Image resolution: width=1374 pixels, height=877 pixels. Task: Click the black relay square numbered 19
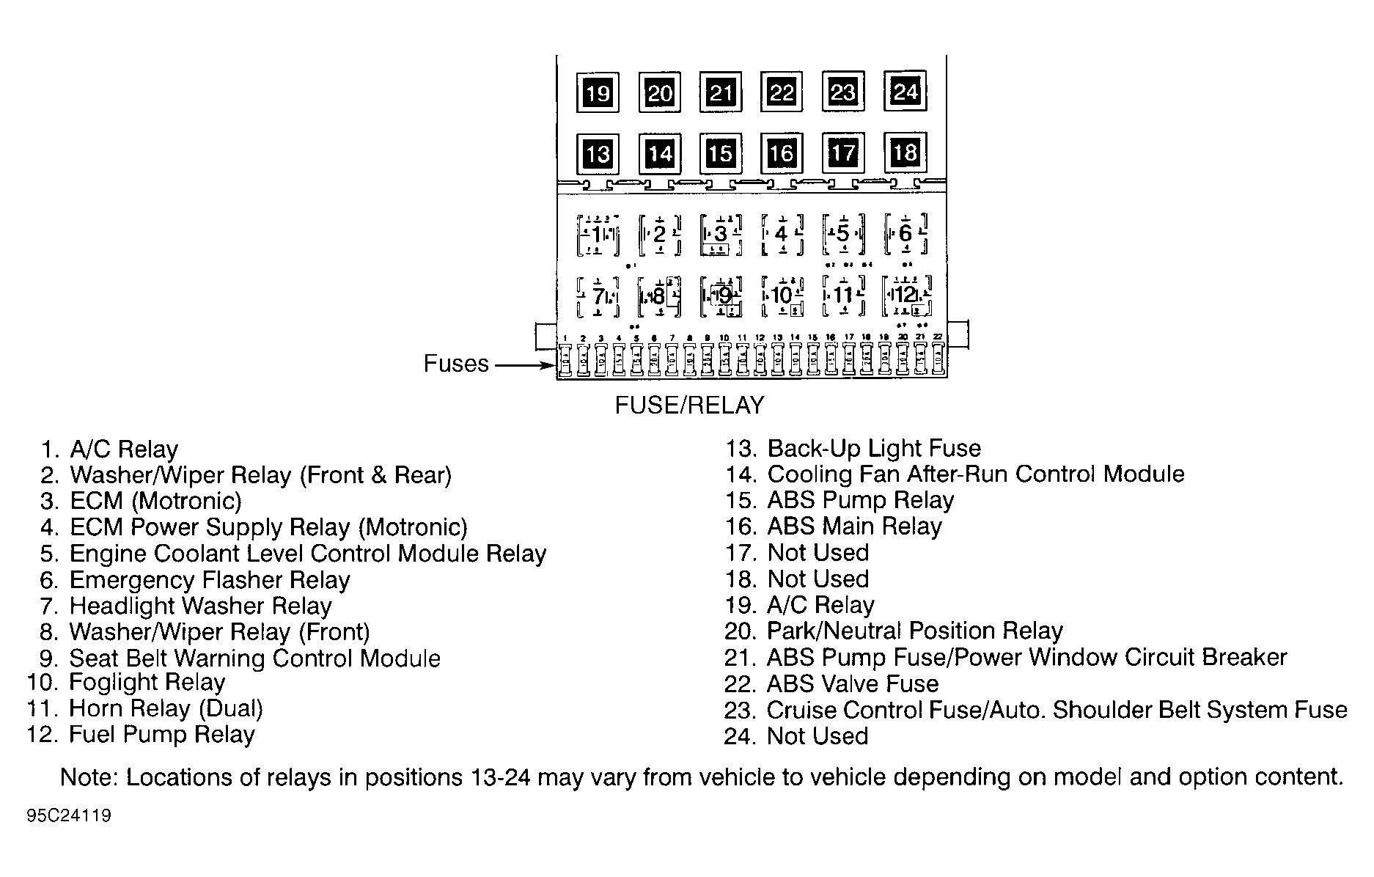(x=598, y=93)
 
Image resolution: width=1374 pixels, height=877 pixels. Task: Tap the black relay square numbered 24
(x=905, y=91)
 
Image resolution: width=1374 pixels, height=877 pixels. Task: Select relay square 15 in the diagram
(x=721, y=153)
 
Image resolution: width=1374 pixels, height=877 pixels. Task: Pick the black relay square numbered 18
(x=905, y=152)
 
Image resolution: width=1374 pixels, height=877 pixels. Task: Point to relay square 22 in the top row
(x=782, y=92)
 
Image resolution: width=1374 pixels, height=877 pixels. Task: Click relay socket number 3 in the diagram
(x=721, y=234)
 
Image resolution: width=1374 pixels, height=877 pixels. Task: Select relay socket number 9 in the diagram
(x=723, y=296)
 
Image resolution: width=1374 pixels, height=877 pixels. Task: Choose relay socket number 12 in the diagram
(x=906, y=295)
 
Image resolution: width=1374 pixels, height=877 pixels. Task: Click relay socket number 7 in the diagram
(x=598, y=296)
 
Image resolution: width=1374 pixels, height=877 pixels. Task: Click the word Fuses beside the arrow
(x=456, y=364)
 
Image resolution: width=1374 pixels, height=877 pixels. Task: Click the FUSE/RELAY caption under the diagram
(x=689, y=406)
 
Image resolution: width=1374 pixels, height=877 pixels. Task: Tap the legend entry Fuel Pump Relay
(x=161, y=735)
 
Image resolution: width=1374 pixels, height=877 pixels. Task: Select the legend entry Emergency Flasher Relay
(x=209, y=580)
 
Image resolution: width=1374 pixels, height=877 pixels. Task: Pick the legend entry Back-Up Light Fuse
(x=873, y=448)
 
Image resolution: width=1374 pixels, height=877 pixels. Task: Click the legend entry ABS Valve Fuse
(x=852, y=684)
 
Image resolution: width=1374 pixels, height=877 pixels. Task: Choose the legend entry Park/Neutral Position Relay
(x=914, y=631)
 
